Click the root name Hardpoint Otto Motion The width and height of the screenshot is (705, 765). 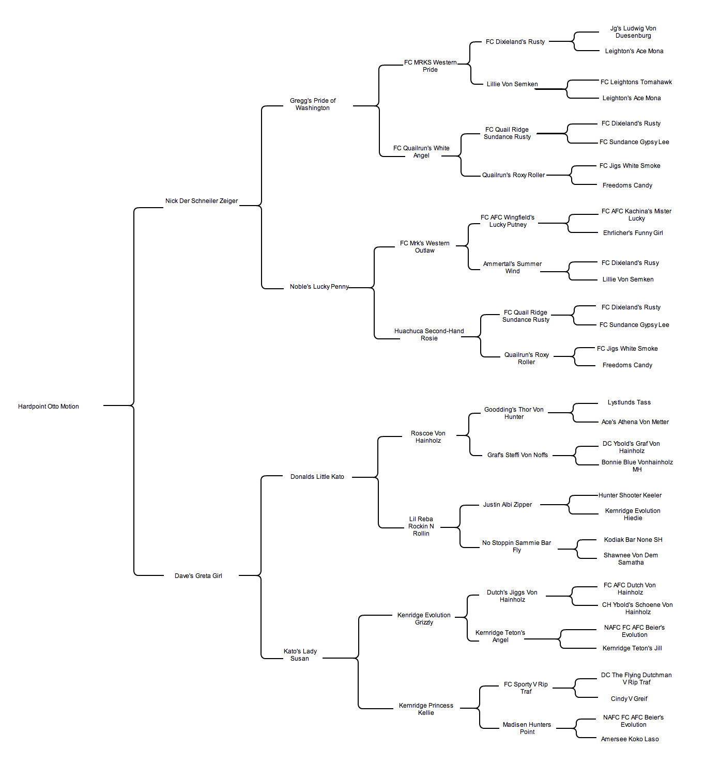[49, 407]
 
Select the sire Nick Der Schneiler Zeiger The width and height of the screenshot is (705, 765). [202, 201]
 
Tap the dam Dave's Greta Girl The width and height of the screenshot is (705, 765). [198, 576]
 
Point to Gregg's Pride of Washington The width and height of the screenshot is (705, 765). [313, 104]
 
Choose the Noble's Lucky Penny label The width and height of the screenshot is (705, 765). [319, 287]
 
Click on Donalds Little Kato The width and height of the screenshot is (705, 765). [317, 477]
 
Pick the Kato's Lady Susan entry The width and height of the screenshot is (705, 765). [300, 655]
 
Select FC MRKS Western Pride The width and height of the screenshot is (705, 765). [430, 66]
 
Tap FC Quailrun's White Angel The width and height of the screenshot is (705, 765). [421, 152]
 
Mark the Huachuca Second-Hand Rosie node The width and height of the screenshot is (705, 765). [429, 334]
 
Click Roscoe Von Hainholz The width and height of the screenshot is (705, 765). [428, 437]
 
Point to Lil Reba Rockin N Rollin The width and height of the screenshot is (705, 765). [421, 526]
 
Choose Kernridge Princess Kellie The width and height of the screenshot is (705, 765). [426, 709]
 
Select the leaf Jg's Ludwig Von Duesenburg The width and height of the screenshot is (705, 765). [633, 32]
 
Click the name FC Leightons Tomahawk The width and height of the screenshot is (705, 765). [636, 82]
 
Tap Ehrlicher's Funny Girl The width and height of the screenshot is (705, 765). [633, 233]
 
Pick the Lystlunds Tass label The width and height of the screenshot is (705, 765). [629, 402]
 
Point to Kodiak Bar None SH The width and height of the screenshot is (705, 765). [633, 540]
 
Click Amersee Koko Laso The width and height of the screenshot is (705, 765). [630, 739]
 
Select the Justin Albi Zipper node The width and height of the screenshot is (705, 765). [507, 505]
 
